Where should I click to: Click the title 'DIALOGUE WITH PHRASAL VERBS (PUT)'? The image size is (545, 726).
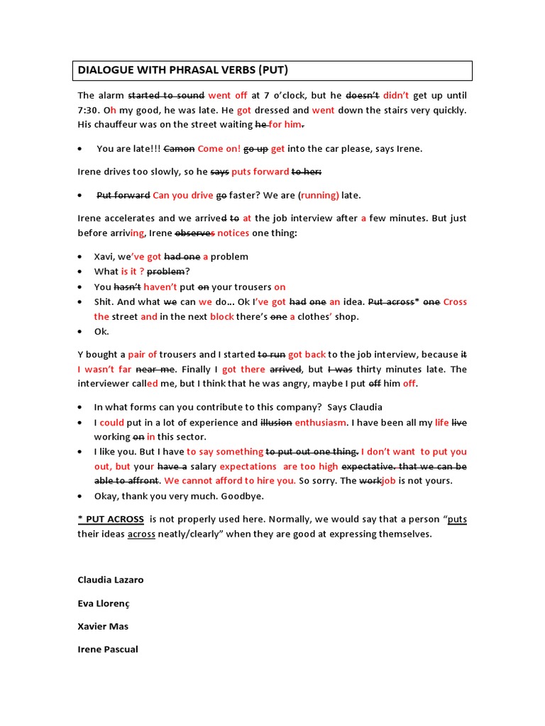(x=183, y=70)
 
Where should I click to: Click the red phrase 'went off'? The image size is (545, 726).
(x=227, y=95)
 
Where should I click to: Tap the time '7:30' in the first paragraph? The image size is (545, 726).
(x=89, y=110)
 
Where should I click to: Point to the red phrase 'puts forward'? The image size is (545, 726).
(x=260, y=172)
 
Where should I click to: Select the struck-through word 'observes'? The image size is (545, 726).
(x=194, y=233)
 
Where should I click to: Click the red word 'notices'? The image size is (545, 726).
(x=233, y=233)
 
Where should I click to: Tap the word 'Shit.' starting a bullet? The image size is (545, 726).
(x=105, y=302)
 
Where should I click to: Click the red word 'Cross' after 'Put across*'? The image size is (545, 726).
(x=455, y=302)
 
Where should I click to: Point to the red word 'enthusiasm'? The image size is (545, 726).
(x=320, y=423)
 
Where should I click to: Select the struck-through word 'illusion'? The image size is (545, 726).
(x=276, y=423)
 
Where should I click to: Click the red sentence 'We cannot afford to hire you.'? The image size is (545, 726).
(x=229, y=481)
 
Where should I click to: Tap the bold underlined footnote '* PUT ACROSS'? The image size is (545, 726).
(x=111, y=519)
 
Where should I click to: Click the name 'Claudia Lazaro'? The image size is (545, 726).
(x=110, y=580)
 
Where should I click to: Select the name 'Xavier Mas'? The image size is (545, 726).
(x=103, y=626)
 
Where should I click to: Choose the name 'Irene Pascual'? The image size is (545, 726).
(x=108, y=649)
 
